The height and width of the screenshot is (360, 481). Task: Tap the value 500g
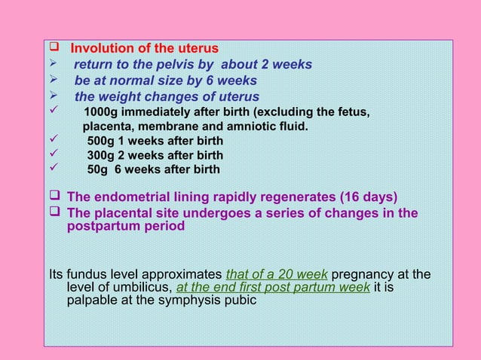(102, 141)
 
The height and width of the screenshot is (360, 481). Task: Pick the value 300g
(102, 155)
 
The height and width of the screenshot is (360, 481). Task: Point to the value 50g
(98, 169)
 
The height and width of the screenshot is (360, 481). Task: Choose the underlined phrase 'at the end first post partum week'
(273, 288)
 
